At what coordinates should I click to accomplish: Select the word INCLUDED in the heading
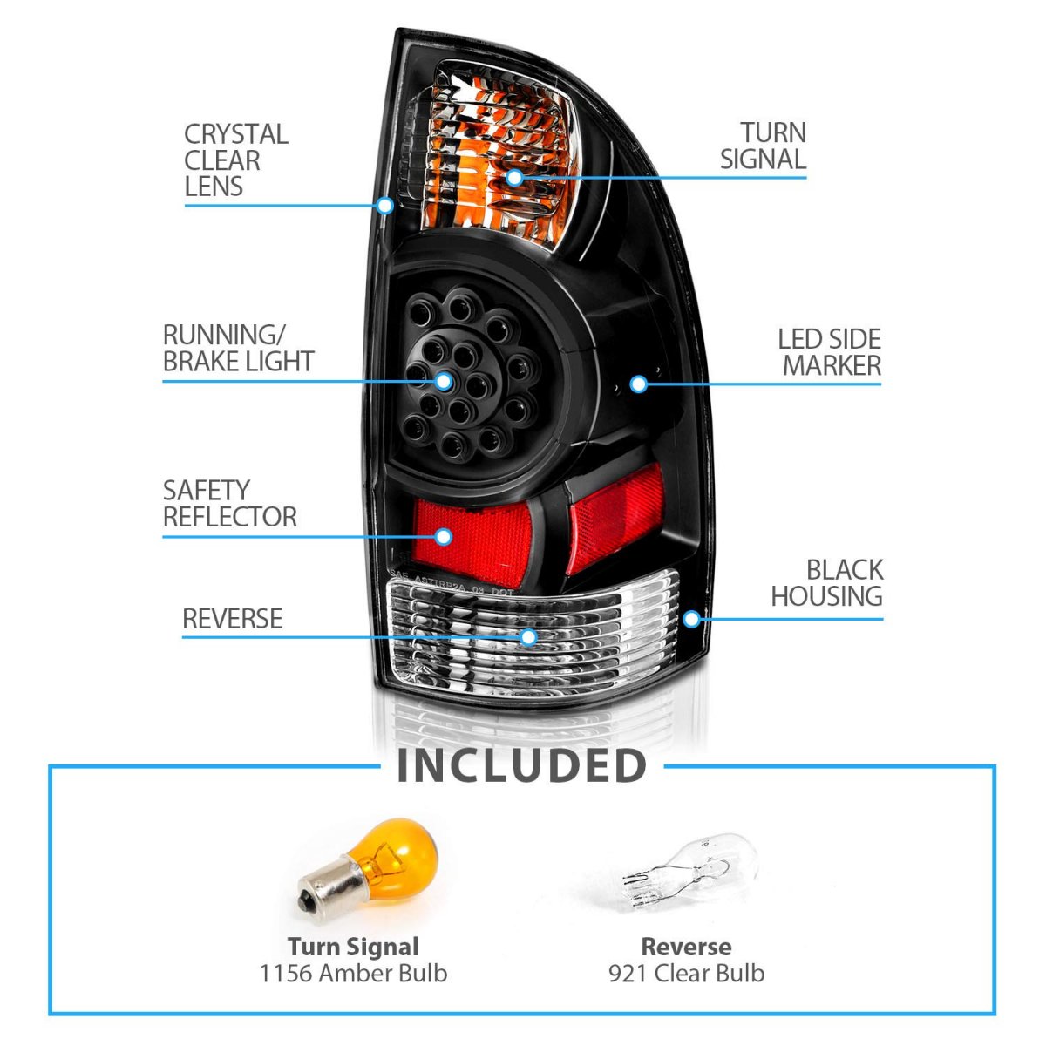pos(521,765)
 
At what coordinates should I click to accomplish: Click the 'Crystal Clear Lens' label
pos(235,160)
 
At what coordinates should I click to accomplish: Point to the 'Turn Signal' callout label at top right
pos(764,146)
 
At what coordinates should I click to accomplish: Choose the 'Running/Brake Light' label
pos(238,348)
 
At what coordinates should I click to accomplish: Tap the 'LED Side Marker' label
pos(829,352)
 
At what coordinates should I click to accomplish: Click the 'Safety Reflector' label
pos(229,503)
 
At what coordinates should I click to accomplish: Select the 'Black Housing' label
pos(826,583)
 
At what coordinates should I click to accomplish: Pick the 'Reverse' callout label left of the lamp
pos(232,619)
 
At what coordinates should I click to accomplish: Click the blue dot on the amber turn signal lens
pos(514,178)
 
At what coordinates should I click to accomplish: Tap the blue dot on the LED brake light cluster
pos(444,381)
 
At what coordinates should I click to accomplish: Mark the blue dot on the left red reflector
pos(444,535)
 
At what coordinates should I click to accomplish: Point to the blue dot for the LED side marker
pos(638,384)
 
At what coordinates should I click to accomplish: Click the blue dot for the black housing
pos(691,619)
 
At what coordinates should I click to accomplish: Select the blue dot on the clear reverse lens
pos(527,637)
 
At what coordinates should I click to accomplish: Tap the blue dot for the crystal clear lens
pos(384,206)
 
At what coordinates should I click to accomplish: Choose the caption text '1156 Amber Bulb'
pos(354,973)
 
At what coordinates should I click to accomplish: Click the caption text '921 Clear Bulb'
pos(686,973)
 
